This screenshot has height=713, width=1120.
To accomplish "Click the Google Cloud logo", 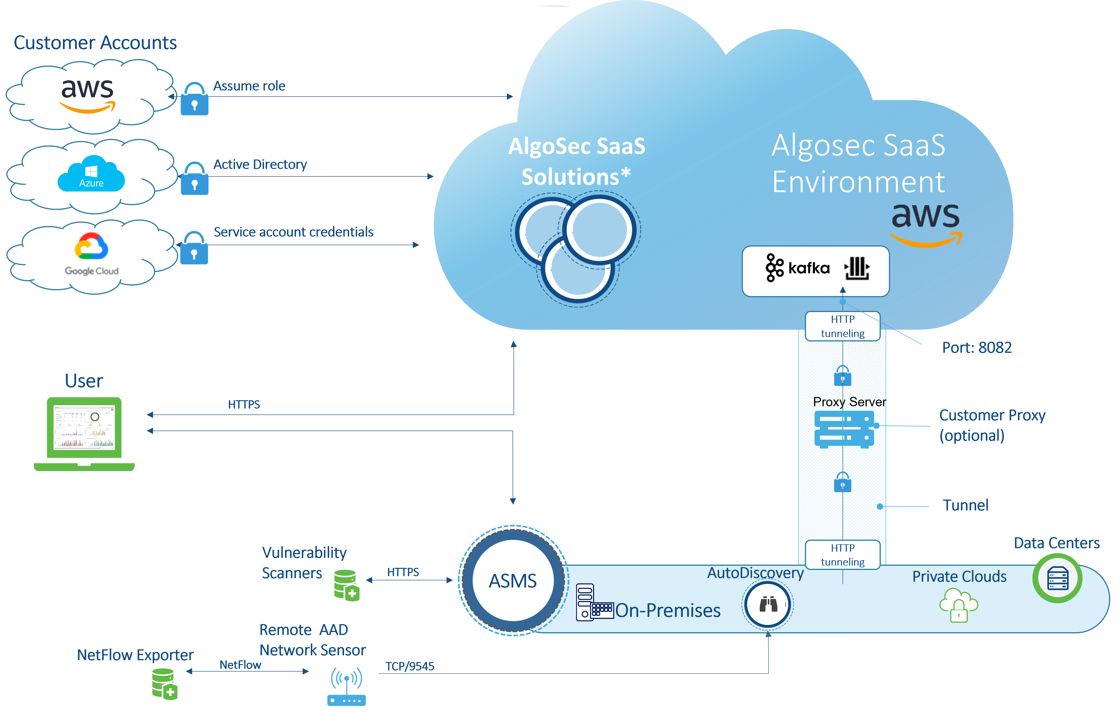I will (x=92, y=254).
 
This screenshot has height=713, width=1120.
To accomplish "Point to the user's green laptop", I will (x=84, y=433).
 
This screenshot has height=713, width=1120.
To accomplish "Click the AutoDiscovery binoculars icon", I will (x=768, y=605).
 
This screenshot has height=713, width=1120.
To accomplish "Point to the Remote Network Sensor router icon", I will (x=347, y=686).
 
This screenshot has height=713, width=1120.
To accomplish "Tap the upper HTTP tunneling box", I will (x=842, y=326).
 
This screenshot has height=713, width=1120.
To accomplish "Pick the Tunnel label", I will (x=965, y=505).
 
